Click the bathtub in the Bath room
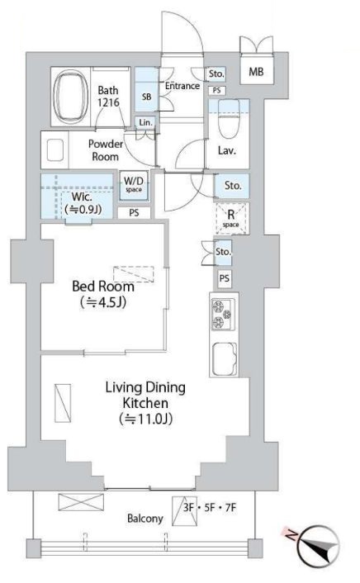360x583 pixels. (71, 97)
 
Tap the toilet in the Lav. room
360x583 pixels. (229, 119)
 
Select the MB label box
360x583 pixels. (256, 71)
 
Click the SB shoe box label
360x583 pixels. (147, 97)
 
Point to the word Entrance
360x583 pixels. (182, 86)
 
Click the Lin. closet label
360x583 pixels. (145, 122)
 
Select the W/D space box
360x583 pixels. (134, 185)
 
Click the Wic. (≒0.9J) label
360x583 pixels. (83, 203)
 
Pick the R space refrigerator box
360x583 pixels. (231, 218)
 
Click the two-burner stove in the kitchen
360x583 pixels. (223, 315)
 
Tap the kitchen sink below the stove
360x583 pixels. (225, 359)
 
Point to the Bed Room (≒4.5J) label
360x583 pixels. (103, 294)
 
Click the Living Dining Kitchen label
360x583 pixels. (145, 403)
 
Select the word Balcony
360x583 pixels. (145, 519)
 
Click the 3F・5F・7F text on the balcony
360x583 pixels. (210, 508)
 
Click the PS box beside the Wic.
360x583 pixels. (135, 213)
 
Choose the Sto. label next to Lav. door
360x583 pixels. (233, 186)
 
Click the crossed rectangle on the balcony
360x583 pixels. (81, 502)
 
